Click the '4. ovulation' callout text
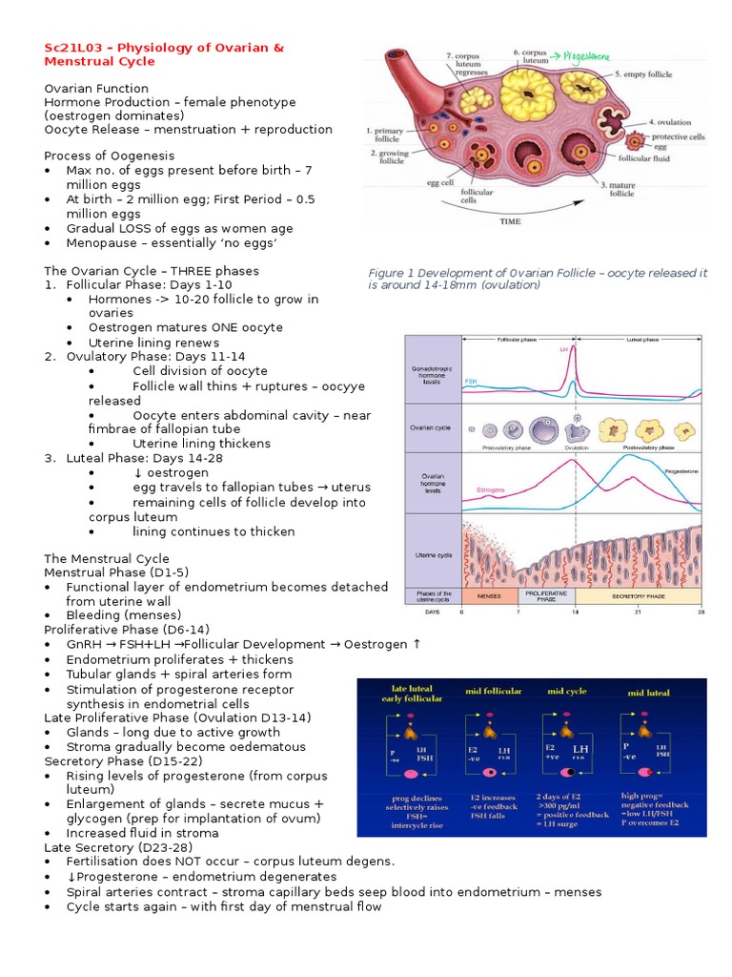point(676,122)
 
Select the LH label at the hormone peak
point(563,349)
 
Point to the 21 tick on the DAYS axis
point(638,613)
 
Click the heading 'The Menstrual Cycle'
point(107,558)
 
